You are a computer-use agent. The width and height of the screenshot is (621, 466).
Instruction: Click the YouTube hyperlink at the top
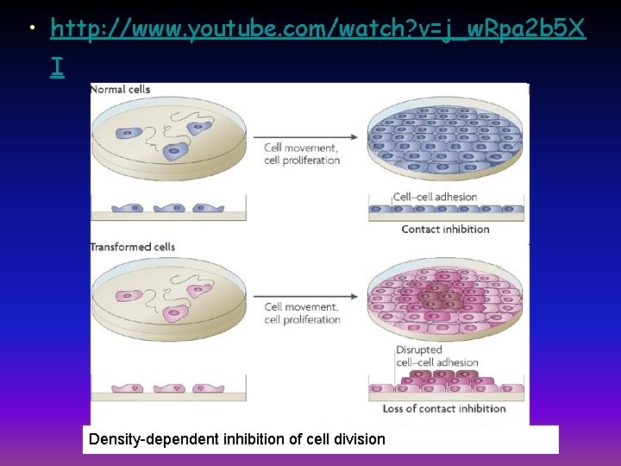[317, 31]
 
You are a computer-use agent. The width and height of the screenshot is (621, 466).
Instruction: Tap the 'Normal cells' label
[120, 89]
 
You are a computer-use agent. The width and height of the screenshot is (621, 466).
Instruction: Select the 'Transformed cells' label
[133, 247]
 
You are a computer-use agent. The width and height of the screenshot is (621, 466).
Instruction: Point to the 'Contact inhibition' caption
[445, 230]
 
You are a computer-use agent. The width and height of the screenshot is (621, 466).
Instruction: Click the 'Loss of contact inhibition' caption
[444, 408]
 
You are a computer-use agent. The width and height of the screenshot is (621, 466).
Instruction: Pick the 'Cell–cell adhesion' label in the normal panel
[435, 197]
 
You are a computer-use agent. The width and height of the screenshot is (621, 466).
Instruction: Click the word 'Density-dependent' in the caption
[145, 439]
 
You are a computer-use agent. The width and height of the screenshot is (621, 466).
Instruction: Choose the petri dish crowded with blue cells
[445, 140]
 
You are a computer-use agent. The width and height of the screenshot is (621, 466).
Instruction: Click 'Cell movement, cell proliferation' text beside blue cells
[302, 154]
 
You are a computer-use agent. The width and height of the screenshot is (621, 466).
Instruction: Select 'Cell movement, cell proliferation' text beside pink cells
[302, 313]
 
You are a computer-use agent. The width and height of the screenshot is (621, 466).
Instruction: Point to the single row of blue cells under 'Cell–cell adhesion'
[446, 210]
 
